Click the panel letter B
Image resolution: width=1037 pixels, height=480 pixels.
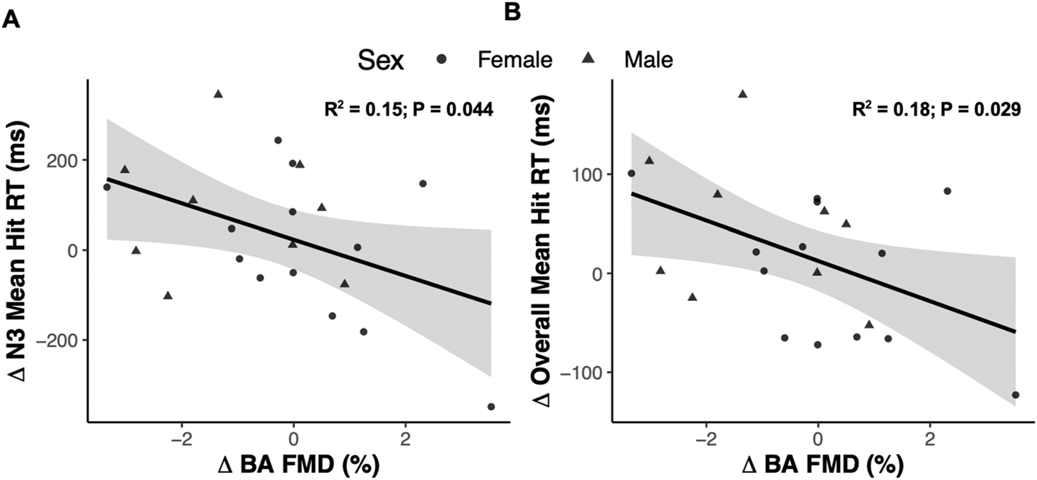512,13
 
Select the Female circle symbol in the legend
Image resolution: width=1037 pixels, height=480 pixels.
442,59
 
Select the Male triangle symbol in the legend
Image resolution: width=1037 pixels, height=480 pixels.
588,59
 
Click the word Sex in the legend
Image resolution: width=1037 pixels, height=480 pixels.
381,60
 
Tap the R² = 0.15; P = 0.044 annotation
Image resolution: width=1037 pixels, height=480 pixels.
409,109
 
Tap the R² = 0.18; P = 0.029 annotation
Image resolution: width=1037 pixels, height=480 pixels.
936,109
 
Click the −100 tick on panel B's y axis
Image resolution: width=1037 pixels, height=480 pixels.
583,373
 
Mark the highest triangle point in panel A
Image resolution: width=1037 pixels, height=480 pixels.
218,94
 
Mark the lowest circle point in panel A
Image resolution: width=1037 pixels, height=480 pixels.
491,406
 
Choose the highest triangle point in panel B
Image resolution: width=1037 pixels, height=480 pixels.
743,94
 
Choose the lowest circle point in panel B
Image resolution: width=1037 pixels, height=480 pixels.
1015,395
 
